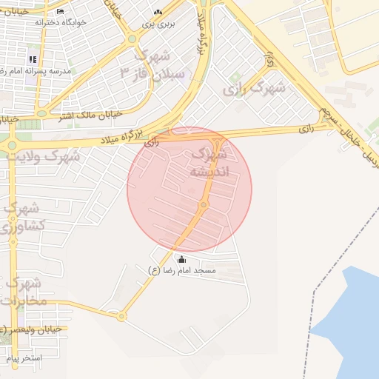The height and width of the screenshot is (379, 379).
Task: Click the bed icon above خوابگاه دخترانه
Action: click(x=60, y=11)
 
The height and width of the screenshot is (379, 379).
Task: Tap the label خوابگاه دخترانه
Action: click(x=61, y=22)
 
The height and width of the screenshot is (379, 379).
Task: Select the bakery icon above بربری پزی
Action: click(x=157, y=13)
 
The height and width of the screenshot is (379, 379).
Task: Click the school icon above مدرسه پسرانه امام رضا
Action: click(x=32, y=58)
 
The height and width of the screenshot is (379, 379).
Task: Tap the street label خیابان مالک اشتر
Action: click(x=86, y=116)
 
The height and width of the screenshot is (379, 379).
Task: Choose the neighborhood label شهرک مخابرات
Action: click(x=23, y=292)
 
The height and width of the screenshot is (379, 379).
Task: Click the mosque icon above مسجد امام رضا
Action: click(x=181, y=259)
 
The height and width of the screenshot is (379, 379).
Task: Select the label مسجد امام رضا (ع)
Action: click(x=182, y=271)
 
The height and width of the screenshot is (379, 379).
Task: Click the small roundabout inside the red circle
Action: click(x=203, y=204)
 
